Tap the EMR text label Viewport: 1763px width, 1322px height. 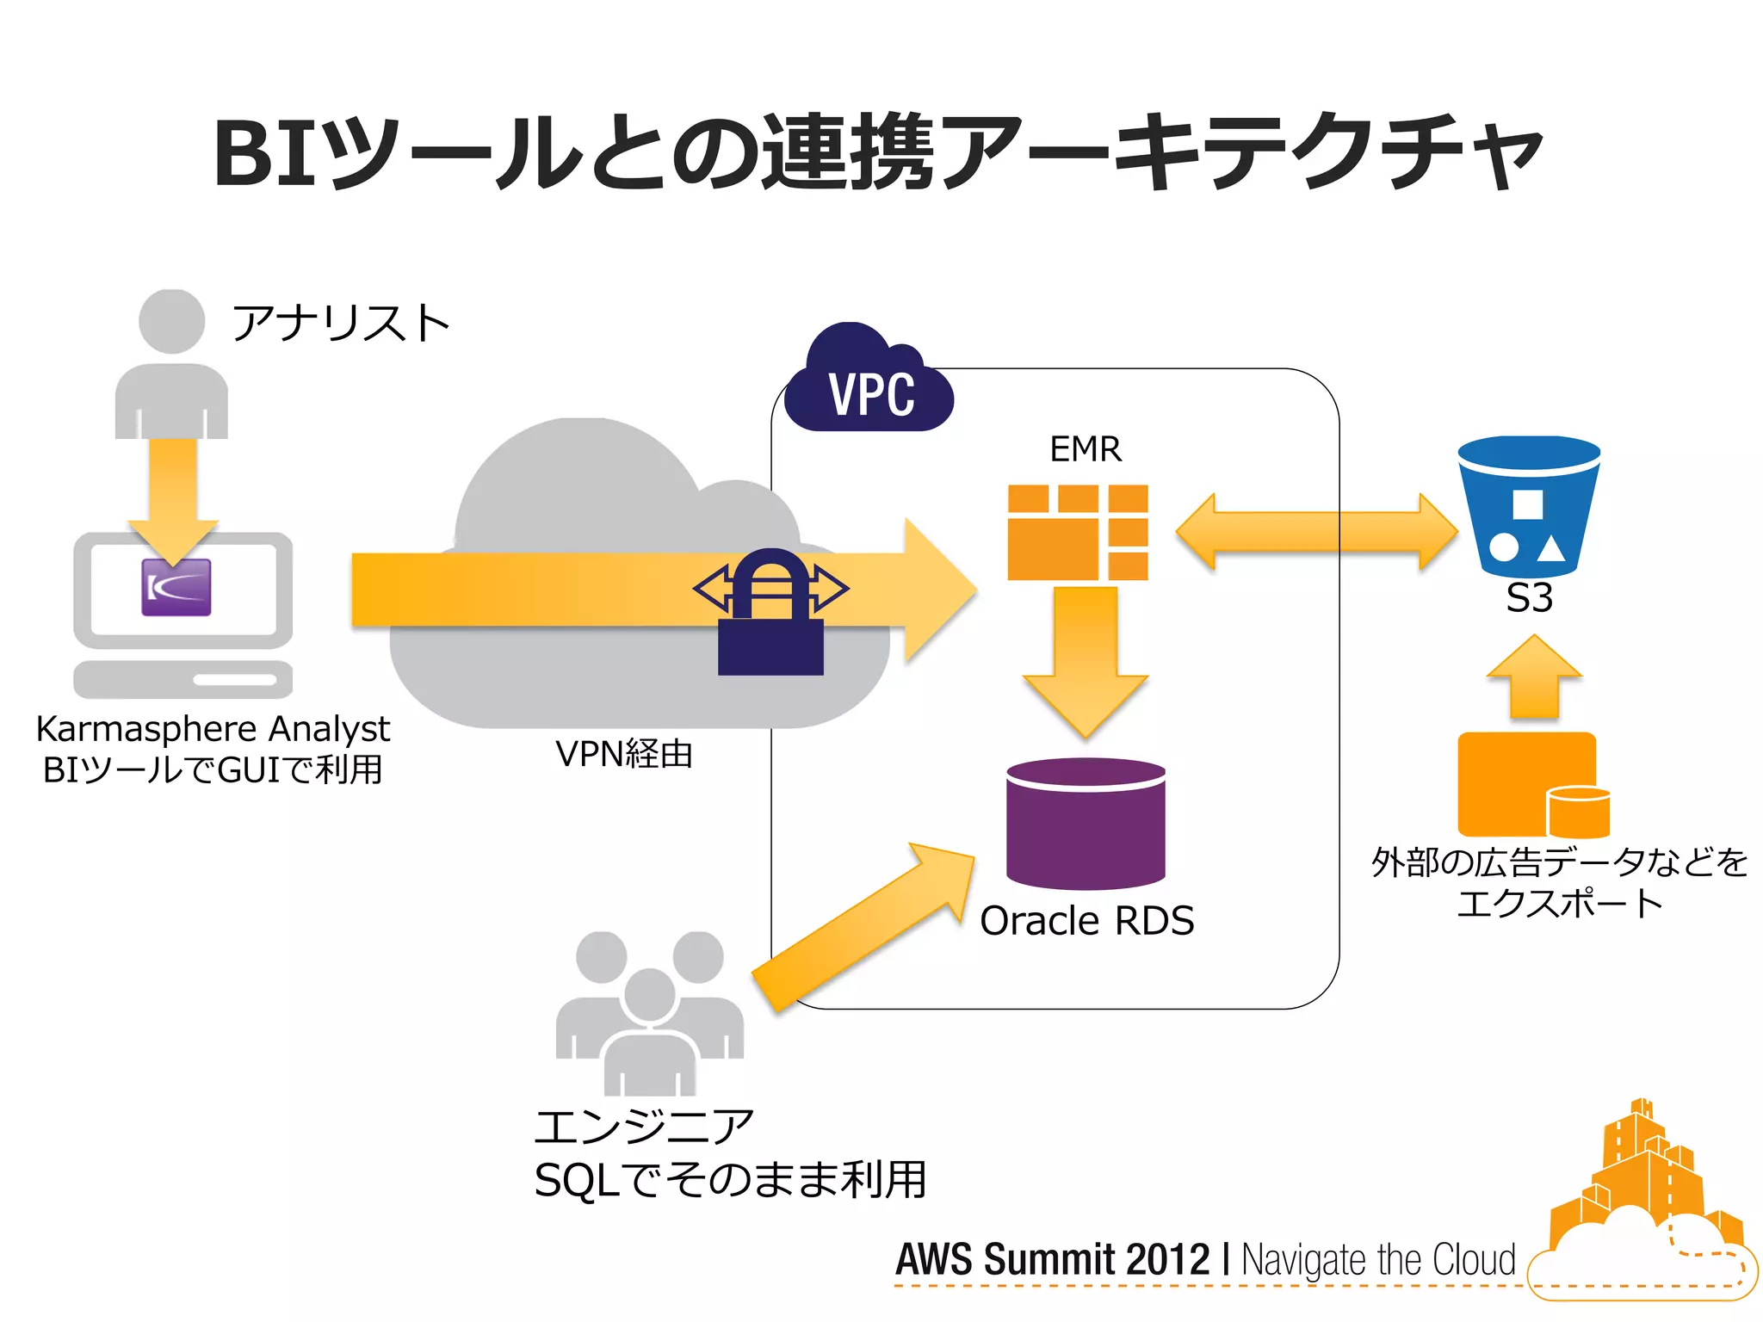coord(1086,449)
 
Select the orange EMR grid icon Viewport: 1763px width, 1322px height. coord(1078,532)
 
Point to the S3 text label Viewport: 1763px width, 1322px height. coord(1529,598)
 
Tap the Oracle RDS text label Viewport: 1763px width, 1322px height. coord(1086,921)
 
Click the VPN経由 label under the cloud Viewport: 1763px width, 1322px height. coord(624,754)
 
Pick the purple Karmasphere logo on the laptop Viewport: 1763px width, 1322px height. coord(176,587)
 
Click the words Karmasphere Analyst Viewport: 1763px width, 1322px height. coord(213,729)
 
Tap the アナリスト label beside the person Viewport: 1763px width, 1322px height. coord(341,324)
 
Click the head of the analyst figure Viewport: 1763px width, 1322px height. coord(172,320)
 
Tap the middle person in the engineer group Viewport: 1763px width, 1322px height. coord(650,1033)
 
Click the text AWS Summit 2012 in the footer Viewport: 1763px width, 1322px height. coord(1052,1259)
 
